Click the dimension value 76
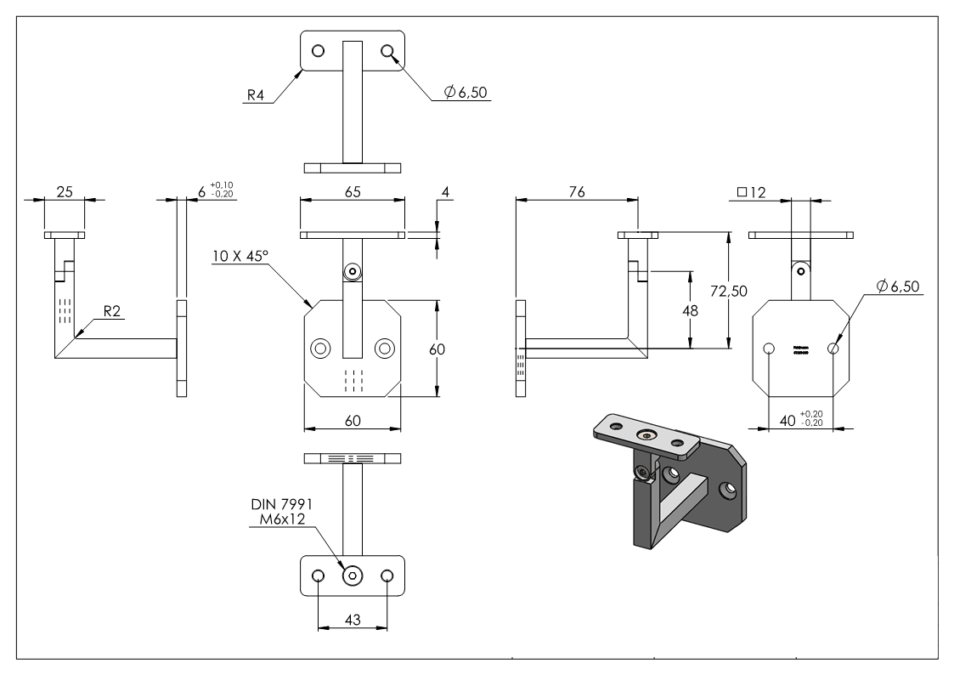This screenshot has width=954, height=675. pyautogui.click(x=576, y=193)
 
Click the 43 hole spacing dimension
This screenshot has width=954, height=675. pyautogui.click(x=352, y=621)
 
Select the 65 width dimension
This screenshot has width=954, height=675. pyautogui.click(x=353, y=193)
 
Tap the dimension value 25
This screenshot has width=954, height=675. pyautogui.click(x=65, y=193)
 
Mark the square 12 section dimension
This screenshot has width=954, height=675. pyautogui.click(x=753, y=193)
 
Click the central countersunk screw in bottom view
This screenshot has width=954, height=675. pyautogui.click(x=352, y=576)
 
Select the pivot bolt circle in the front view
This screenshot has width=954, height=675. pyautogui.click(x=352, y=270)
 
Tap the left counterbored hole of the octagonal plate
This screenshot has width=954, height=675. pyautogui.click(x=321, y=348)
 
